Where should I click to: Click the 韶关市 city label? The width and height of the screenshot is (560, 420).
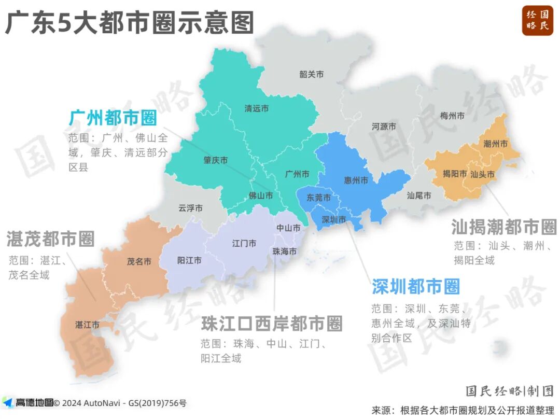tap(311, 75)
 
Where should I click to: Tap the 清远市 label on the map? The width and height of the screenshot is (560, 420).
tap(257, 109)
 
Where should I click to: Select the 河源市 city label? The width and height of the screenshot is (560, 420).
tap(384, 127)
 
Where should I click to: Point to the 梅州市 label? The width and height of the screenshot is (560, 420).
tap(452, 116)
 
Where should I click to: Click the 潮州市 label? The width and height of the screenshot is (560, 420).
tap(495, 144)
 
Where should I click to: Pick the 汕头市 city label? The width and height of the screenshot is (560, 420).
tap(482, 174)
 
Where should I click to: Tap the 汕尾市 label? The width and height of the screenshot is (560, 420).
tap(418, 195)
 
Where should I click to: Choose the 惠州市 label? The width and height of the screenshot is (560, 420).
tap(356, 180)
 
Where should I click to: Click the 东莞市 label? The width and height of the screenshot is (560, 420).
tap(318, 198)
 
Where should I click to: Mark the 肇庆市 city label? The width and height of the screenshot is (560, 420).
tap(215, 161)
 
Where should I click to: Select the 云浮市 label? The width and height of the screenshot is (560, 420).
tap(190, 208)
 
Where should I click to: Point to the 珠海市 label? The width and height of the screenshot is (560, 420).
tap(285, 251)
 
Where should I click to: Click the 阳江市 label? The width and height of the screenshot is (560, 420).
tap(189, 260)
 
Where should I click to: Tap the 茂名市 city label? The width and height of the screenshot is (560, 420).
tap(139, 262)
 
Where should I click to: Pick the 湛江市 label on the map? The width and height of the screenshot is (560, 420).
tap(87, 325)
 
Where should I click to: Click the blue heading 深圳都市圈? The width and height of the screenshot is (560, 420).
tap(415, 286)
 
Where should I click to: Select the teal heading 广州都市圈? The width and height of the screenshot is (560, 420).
tap(113, 118)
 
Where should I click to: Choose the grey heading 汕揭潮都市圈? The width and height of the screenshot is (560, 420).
tap(503, 227)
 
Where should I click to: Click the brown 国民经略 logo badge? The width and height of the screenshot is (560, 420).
tap(538, 20)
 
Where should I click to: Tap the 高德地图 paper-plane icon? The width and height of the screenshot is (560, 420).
tap(7, 402)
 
